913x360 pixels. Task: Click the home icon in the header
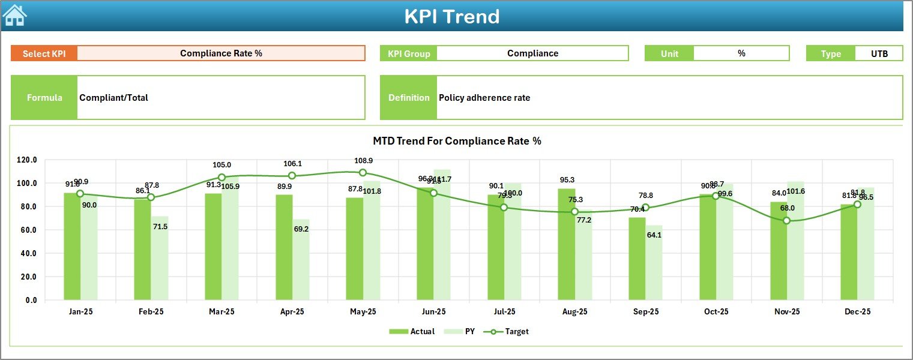click(x=14, y=15)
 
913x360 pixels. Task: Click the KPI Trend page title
click(x=451, y=16)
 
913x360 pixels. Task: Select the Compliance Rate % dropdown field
click(x=221, y=53)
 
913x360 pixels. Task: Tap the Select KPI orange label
click(x=44, y=53)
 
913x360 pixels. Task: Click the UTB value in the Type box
click(x=879, y=53)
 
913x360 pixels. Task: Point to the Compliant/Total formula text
click(x=113, y=98)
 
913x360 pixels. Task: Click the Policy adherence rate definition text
click(x=484, y=98)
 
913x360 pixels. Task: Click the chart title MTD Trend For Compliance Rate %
click(x=457, y=141)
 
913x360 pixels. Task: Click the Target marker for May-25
click(x=363, y=173)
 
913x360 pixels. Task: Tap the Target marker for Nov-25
click(x=786, y=221)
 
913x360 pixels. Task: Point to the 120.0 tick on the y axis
click(x=27, y=160)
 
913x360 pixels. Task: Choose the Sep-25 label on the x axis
click(x=645, y=312)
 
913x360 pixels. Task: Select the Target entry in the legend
click(x=510, y=331)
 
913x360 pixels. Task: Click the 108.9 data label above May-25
click(x=363, y=161)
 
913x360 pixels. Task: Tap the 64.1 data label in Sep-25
click(x=654, y=235)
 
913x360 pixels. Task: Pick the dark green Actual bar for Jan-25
click(x=72, y=246)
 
